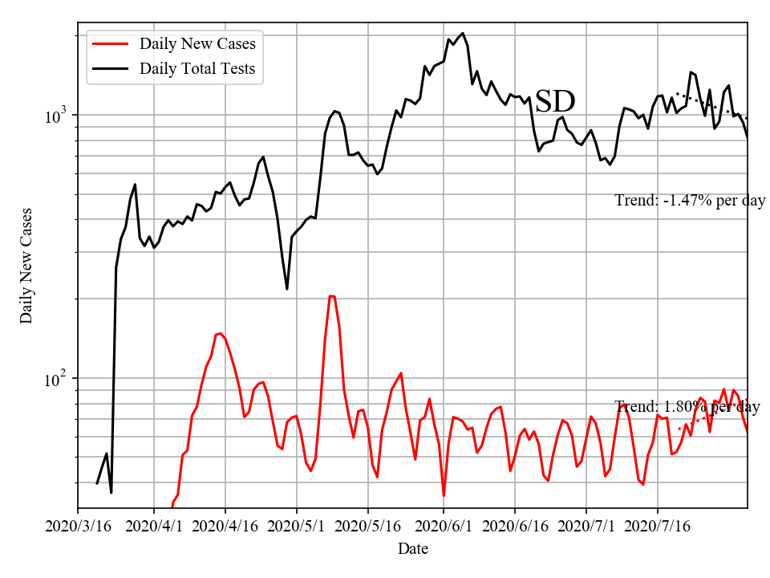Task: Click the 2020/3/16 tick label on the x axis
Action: (x=78, y=527)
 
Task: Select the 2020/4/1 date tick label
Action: (x=154, y=527)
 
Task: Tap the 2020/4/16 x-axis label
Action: (x=225, y=527)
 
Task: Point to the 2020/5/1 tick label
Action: (x=297, y=527)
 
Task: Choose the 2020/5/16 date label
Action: (x=368, y=527)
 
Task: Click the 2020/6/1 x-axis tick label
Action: (x=444, y=527)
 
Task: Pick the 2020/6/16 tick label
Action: (x=515, y=527)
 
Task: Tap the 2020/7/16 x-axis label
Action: (x=658, y=527)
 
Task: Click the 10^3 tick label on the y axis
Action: (x=57, y=116)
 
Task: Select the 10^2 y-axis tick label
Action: (x=57, y=378)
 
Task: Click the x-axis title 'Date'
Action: (x=413, y=550)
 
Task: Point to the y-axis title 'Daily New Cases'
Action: (x=26, y=265)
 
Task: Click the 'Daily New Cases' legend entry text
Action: (x=197, y=43)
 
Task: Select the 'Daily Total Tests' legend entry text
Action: (x=197, y=68)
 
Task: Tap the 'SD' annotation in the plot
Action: (x=555, y=102)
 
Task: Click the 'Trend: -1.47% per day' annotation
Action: (x=691, y=201)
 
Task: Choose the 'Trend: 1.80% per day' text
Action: (x=687, y=407)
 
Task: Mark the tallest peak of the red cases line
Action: (x=331, y=296)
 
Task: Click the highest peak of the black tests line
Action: (x=463, y=33)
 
